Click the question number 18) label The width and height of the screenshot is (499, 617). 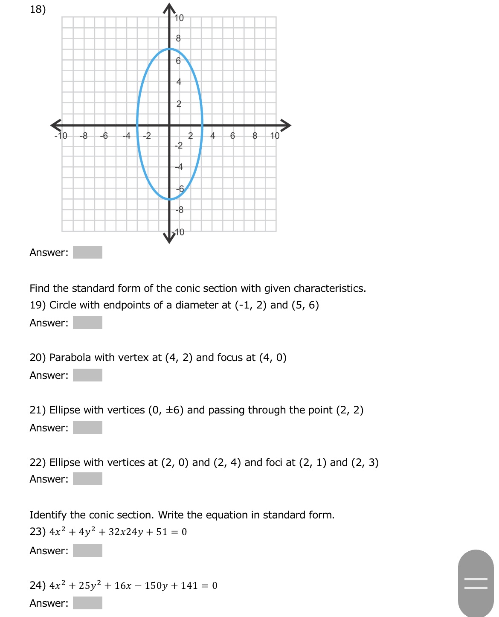pyautogui.click(x=38, y=9)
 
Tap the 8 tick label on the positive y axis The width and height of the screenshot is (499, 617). pyautogui.click(x=178, y=38)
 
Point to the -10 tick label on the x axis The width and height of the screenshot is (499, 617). pyautogui.click(x=61, y=136)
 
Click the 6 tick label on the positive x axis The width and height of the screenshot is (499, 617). pyautogui.click(x=232, y=136)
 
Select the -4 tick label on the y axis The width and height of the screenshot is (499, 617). pyautogui.click(x=179, y=167)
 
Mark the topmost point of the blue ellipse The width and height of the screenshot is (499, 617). pyautogui.click(x=169, y=49)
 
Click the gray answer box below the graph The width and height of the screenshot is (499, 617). pyautogui.click(x=87, y=252)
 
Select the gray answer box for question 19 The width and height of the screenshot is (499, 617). pyautogui.click(x=87, y=323)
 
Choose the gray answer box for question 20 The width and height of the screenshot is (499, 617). pyautogui.click(x=87, y=375)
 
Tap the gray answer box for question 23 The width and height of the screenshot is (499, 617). pyautogui.click(x=87, y=550)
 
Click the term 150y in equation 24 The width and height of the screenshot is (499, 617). pyautogui.click(x=156, y=586)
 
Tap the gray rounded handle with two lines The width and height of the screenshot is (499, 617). pyautogui.click(x=476, y=583)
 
